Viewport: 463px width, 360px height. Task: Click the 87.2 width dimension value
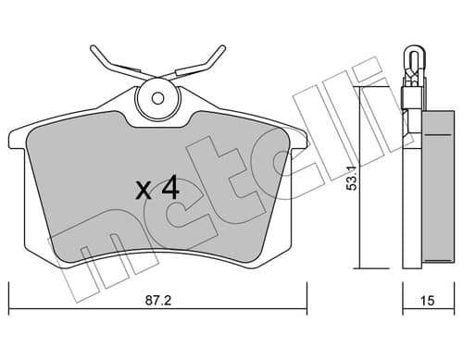click(x=157, y=300)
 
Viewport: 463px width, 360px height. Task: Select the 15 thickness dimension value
click(x=428, y=300)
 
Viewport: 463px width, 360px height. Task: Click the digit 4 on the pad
click(x=170, y=187)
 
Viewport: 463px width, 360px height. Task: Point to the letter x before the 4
click(x=144, y=191)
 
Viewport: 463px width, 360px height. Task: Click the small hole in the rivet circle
click(x=158, y=99)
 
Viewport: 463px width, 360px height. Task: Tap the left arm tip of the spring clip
click(x=93, y=48)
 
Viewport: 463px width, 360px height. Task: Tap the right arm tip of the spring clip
click(x=222, y=48)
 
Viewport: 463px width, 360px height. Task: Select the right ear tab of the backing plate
click(x=299, y=140)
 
